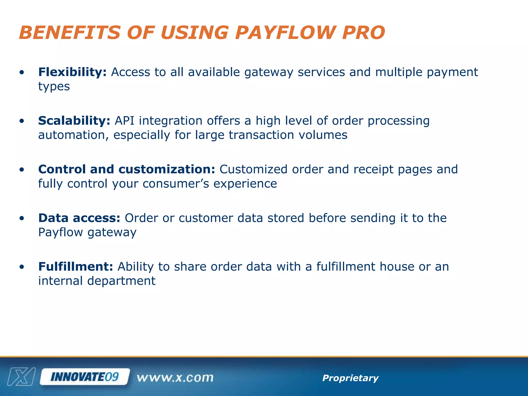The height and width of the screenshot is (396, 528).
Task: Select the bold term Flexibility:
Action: click(72, 72)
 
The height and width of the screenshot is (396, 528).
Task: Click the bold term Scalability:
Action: click(74, 121)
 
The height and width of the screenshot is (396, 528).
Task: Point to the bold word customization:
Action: click(167, 169)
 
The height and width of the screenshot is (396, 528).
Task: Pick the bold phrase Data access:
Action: click(79, 218)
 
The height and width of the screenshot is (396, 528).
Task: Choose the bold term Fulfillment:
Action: click(76, 267)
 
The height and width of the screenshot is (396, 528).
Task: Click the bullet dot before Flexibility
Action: click(22, 72)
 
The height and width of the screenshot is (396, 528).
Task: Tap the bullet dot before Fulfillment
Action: click(22, 267)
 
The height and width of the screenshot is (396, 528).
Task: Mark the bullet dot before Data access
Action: click(22, 219)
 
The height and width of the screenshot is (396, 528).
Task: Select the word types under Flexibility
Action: click(54, 87)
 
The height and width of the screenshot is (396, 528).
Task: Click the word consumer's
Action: click(176, 184)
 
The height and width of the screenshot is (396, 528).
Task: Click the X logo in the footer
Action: click(21, 377)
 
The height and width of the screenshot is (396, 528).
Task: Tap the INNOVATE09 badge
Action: click(85, 377)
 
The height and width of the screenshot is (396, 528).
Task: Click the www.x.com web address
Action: click(175, 378)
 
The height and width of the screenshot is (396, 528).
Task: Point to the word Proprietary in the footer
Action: click(350, 378)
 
